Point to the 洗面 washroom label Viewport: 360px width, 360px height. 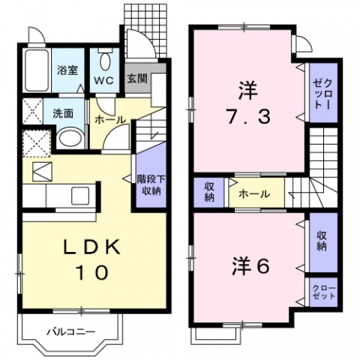tap(62, 115)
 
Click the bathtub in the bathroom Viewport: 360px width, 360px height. tap(35, 71)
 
